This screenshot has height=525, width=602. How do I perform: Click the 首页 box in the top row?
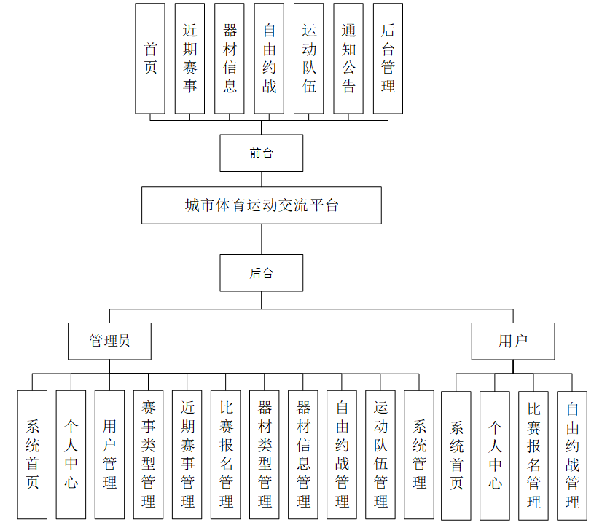(150, 58)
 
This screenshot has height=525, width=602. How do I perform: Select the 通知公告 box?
(348, 58)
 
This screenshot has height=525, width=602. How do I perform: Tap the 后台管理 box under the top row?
(388, 58)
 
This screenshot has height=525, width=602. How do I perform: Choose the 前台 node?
(262, 154)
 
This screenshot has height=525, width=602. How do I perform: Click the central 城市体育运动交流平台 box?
(262, 205)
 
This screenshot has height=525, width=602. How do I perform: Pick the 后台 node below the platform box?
(262, 273)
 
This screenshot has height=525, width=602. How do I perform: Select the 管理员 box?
(110, 342)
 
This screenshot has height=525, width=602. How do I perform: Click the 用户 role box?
(513, 342)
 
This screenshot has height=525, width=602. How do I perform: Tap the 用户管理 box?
(109, 454)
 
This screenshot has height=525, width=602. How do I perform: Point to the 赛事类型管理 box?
(149, 454)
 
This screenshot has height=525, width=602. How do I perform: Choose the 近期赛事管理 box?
(187, 454)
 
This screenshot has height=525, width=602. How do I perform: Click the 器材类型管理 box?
(265, 454)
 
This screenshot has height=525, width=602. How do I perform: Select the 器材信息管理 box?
(303, 454)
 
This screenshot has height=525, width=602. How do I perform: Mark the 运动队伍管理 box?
(380, 454)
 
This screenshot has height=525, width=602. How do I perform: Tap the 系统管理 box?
(419, 454)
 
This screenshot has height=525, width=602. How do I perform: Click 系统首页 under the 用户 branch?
(456, 455)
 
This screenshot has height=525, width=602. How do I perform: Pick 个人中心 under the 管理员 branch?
(71, 454)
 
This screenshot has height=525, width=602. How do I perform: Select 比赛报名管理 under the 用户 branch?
(533, 455)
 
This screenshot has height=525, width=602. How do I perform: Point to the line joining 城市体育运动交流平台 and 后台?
(262, 239)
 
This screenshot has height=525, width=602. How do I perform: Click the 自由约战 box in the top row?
(269, 58)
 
